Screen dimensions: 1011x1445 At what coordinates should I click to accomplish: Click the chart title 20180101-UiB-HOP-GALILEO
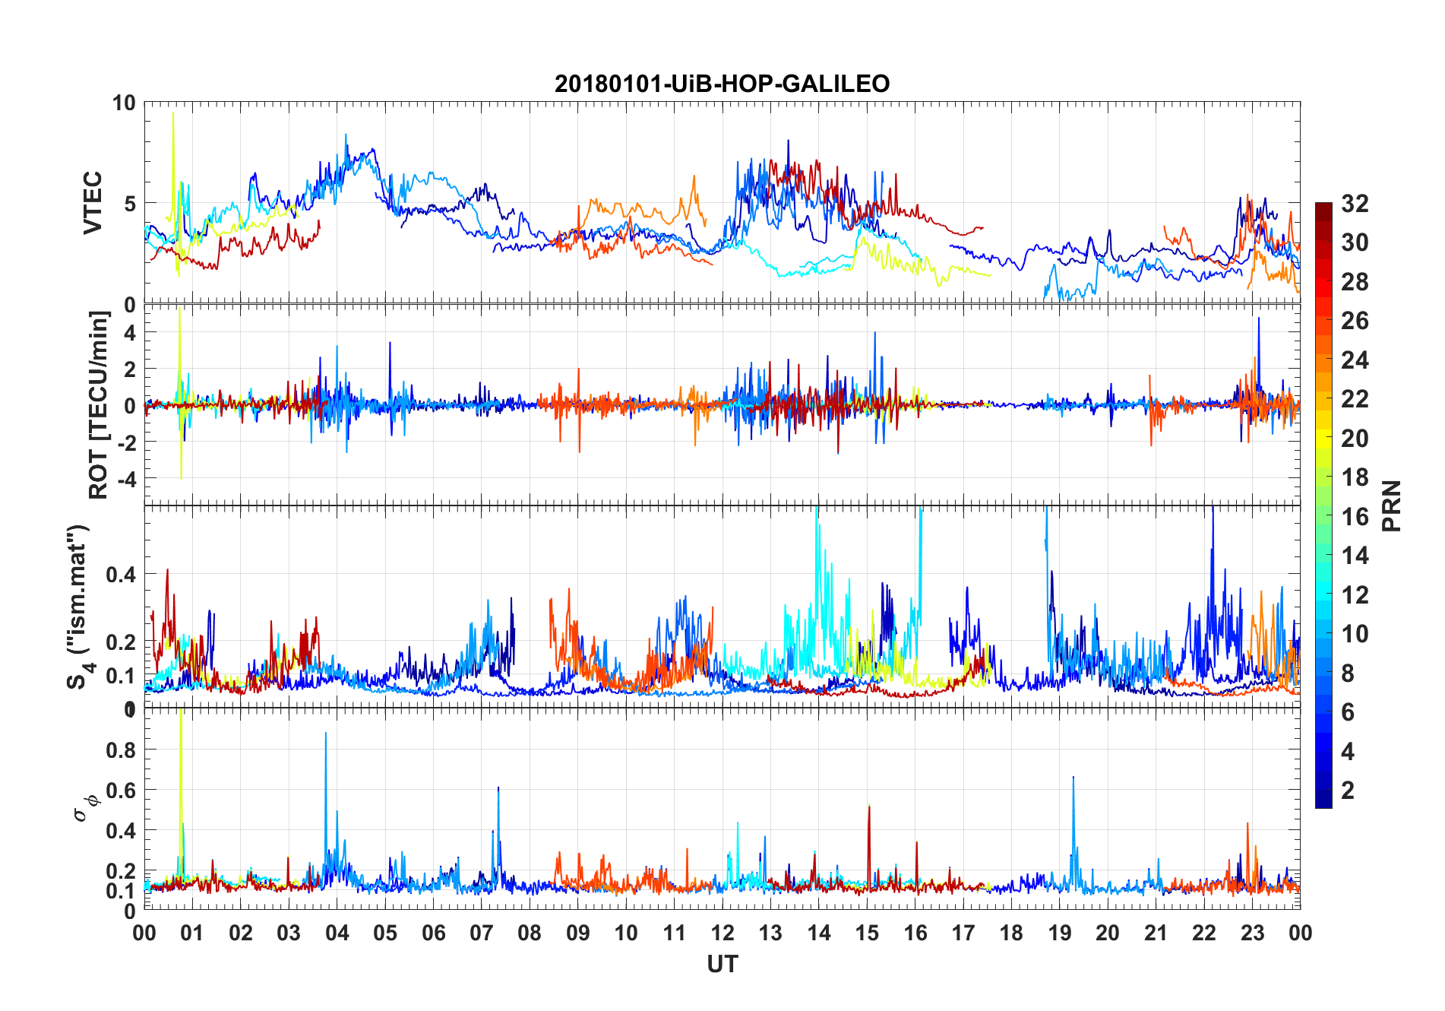click(x=722, y=84)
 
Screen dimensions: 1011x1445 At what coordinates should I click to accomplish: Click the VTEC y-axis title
click(x=93, y=203)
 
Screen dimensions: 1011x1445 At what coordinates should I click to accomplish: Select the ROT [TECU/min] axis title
click(x=99, y=404)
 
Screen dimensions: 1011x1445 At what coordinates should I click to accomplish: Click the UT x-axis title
click(x=722, y=965)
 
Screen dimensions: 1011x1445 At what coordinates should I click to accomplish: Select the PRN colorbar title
click(x=1391, y=505)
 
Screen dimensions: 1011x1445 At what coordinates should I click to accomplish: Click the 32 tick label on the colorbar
click(x=1355, y=203)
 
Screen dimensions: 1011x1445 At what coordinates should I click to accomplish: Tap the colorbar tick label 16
click(x=1355, y=516)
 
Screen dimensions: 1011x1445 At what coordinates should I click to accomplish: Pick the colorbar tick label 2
click(x=1348, y=790)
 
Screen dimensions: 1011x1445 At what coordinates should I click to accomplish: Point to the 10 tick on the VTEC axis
click(x=124, y=103)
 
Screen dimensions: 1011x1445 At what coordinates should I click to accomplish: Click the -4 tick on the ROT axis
click(x=128, y=479)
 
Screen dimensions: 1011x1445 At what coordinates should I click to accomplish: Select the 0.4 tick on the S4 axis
click(x=121, y=574)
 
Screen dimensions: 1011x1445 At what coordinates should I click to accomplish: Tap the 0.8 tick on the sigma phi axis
click(x=121, y=750)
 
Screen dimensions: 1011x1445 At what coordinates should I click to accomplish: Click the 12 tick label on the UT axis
click(x=722, y=933)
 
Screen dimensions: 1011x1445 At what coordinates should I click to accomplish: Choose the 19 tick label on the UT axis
click(x=1060, y=933)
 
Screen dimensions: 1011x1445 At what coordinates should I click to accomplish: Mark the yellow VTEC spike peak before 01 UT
click(x=173, y=113)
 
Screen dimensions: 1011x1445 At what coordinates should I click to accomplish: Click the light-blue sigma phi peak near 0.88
click(x=326, y=733)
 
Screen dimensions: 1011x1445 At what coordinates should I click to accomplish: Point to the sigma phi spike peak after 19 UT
click(x=1073, y=777)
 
